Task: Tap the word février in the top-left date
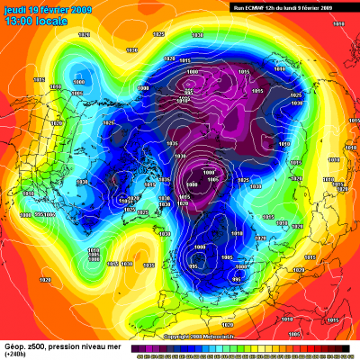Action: (x=52, y=9)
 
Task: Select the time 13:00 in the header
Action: (x=17, y=21)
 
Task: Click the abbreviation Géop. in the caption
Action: (x=14, y=346)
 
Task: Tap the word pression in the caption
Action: (x=67, y=346)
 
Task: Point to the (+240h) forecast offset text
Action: (x=15, y=355)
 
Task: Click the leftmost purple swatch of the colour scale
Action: (x=134, y=347)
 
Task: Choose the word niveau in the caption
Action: (x=95, y=346)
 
